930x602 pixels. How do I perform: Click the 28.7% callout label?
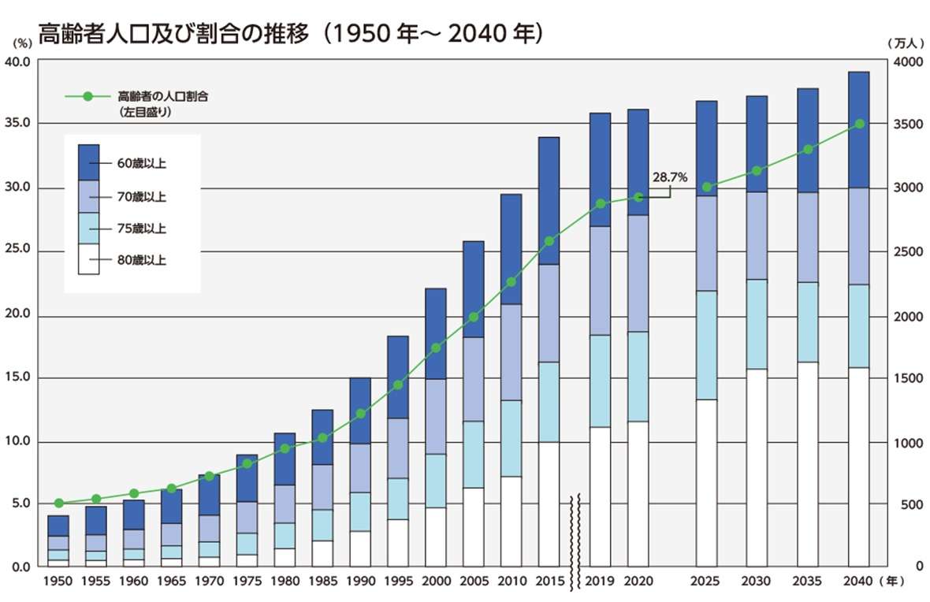[x=671, y=178]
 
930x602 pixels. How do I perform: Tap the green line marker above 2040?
[x=859, y=124]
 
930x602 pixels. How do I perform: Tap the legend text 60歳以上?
[x=147, y=164]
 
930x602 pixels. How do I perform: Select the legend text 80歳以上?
[x=147, y=259]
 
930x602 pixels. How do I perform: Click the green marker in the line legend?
[x=87, y=96]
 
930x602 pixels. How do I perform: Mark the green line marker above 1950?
[x=58, y=503]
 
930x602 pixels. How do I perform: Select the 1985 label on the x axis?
[x=322, y=582]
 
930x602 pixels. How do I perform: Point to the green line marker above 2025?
[x=707, y=187]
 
